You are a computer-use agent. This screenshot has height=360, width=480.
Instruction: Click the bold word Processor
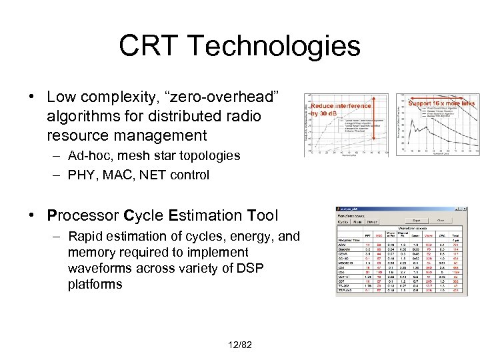(x=84, y=215)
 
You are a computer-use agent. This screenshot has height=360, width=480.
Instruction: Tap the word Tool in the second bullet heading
(x=263, y=215)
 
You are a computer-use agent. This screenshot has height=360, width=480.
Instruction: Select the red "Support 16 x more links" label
(x=440, y=103)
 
